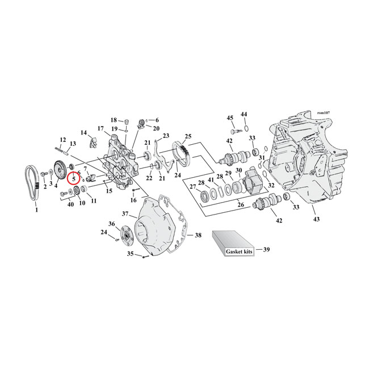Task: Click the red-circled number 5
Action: (74, 179)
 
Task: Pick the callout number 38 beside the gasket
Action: (198, 235)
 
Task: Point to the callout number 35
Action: (129, 254)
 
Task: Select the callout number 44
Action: (244, 115)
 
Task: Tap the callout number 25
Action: (188, 137)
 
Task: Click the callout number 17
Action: (100, 128)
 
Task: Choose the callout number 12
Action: (63, 139)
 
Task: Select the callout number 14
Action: (84, 133)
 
